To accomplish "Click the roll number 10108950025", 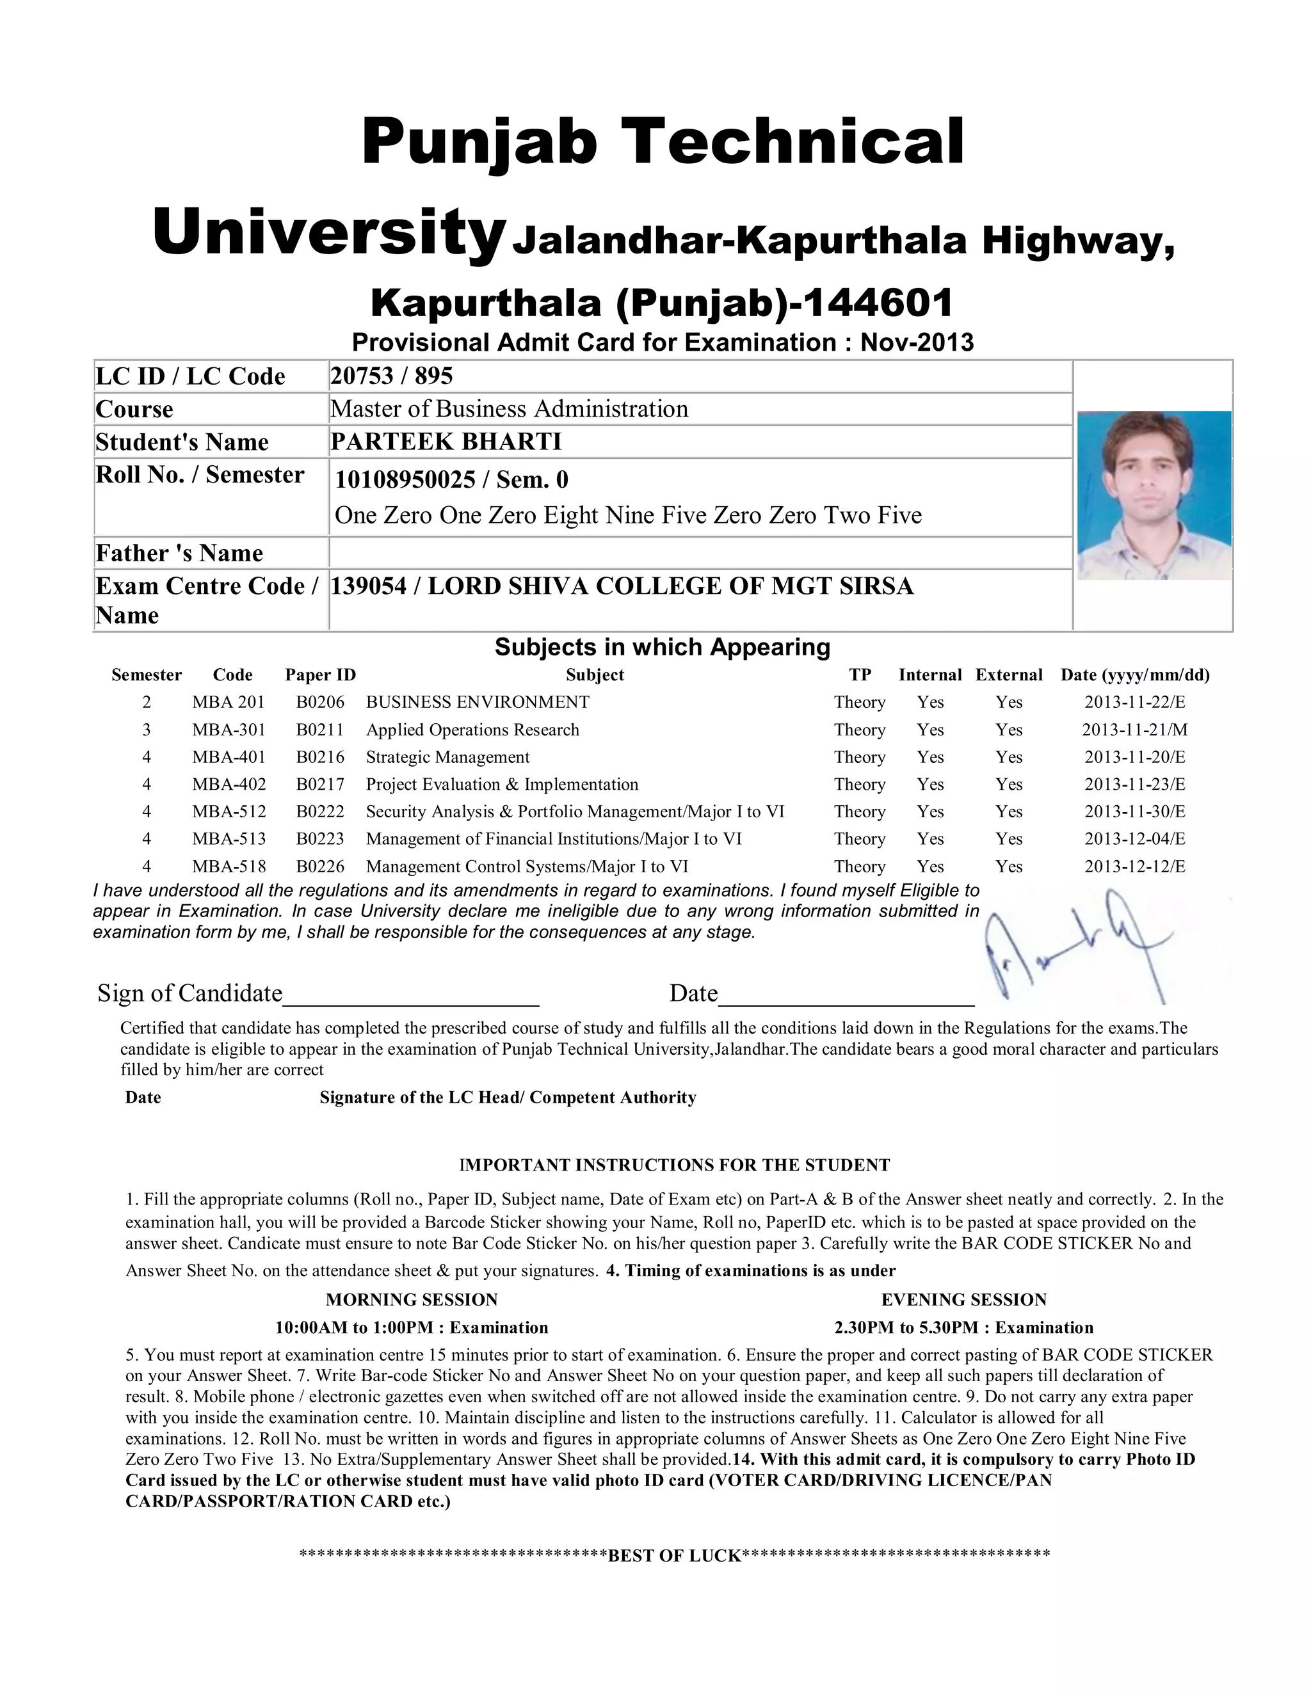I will tap(405, 480).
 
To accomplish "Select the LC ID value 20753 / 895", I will tap(391, 376).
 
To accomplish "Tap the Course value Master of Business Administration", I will tap(509, 408).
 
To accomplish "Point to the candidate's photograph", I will tap(1154, 495).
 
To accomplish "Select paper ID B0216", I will tap(320, 757).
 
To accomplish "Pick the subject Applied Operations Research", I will tap(472, 730).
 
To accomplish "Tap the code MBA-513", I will tap(229, 838).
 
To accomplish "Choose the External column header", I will tap(1009, 675).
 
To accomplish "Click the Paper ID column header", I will tap(320, 675).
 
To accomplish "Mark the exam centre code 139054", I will tap(368, 586).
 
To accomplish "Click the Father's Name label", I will tap(179, 553).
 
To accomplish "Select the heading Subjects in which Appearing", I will tap(663, 647).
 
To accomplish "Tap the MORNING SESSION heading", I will tap(412, 1300).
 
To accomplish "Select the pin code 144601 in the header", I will tap(877, 303).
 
